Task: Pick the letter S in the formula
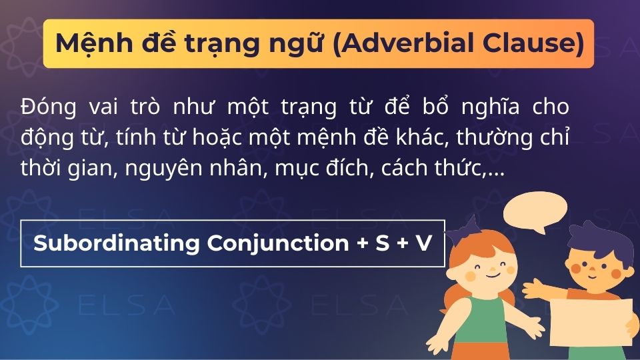pos(381,243)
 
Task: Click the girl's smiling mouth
pos(491,274)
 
